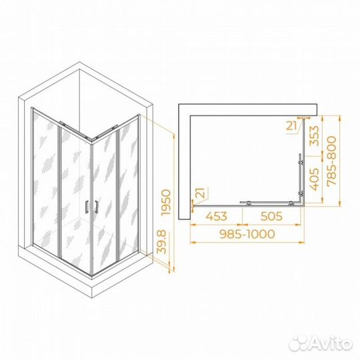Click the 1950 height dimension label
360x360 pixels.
pos(167,202)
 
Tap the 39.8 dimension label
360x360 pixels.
pos(161,241)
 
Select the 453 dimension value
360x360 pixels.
pos(216,216)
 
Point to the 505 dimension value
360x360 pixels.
pos(271,216)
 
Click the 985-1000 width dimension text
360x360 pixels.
pos(247,234)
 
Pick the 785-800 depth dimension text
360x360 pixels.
pos(331,161)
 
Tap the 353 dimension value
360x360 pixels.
pos(314,136)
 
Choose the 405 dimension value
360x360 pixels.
pos(314,179)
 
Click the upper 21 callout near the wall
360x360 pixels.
pos(291,125)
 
